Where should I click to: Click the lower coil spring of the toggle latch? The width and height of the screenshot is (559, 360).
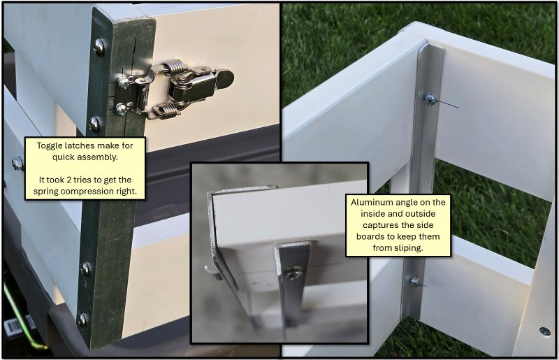point(166,110)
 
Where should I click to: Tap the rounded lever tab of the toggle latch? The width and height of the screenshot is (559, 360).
point(225,76)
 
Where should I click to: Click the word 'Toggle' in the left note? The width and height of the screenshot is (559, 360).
point(50,145)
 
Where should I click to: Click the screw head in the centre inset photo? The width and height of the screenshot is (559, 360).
point(293,273)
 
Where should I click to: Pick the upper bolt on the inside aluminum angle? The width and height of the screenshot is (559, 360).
point(430,100)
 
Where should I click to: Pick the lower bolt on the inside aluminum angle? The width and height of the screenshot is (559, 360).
point(414,282)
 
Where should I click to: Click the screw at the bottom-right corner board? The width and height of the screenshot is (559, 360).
point(545,331)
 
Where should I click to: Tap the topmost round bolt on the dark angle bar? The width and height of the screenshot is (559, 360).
point(99,46)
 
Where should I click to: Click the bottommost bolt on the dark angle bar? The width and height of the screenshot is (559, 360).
point(82,319)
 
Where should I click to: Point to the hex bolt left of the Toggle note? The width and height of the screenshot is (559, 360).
point(17,164)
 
